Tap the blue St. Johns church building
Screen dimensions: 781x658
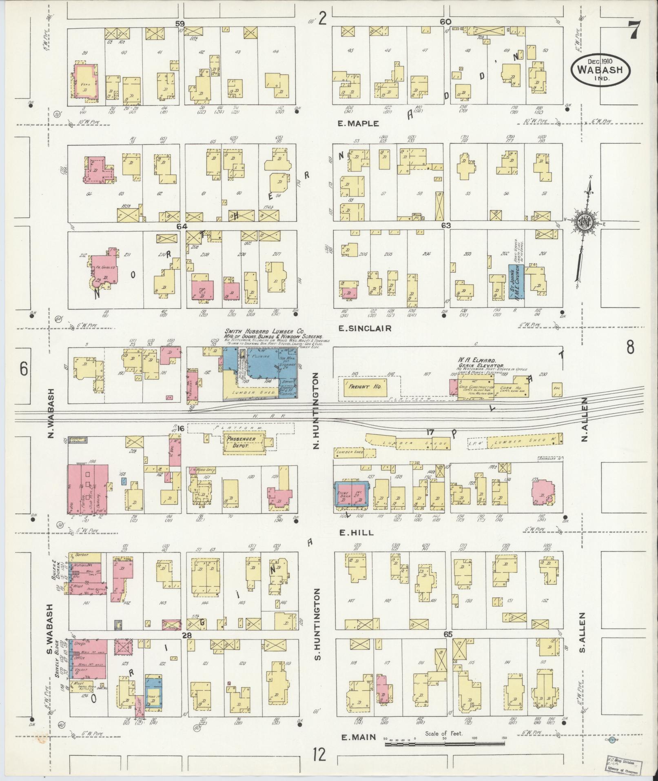coord(516,282)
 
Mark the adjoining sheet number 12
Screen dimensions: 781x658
coord(320,755)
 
